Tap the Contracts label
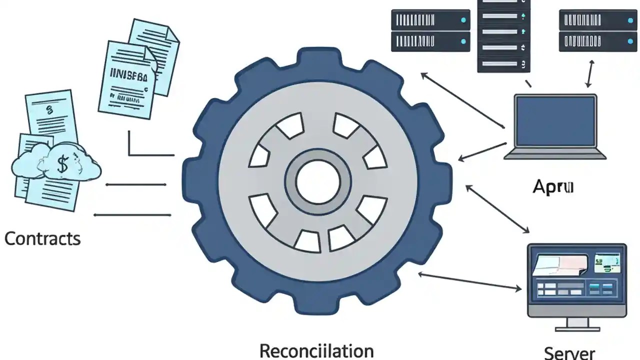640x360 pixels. (42, 238)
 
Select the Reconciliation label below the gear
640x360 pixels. (316, 350)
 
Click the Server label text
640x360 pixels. (569, 352)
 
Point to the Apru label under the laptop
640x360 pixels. (553, 187)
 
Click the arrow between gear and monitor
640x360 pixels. (470, 281)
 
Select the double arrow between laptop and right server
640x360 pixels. (590, 74)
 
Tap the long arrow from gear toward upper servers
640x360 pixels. (462, 100)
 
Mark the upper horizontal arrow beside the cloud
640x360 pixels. (135, 184)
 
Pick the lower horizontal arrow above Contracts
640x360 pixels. (132, 215)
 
